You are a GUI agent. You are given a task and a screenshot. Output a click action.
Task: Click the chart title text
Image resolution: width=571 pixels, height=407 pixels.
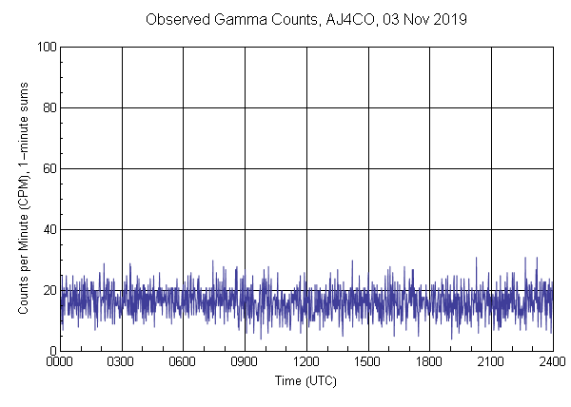coord(305,19)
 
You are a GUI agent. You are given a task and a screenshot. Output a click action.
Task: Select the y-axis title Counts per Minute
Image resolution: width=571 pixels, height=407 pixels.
coord(24,198)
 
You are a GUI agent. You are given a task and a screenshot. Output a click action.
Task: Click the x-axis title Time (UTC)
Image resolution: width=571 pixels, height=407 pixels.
coord(305,380)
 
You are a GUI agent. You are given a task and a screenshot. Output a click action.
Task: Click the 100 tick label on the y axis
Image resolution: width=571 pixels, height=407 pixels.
coord(45,47)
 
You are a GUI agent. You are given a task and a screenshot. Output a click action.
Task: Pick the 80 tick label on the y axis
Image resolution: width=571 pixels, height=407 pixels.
coord(48,107)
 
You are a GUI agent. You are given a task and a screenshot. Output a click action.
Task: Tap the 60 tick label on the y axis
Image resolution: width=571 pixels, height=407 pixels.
coord(48,168)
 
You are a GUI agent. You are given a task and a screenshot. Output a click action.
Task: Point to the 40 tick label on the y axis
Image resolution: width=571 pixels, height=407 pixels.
coord(48,229)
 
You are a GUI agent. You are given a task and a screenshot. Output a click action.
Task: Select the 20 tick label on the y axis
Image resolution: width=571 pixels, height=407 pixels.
coord(48,290)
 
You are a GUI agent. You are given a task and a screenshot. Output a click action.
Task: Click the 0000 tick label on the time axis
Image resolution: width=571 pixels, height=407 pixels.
coord(60,362)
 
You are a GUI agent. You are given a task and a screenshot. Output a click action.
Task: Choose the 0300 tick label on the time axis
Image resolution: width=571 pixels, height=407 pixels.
coord(122,362)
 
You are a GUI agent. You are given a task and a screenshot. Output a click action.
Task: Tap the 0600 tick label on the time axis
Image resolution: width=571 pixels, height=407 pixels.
coord(183,362)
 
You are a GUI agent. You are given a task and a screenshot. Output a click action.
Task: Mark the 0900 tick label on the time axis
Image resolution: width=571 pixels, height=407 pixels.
coord(245,362)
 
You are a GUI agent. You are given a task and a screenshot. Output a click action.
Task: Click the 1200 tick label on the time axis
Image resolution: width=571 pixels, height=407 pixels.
coord(306,362)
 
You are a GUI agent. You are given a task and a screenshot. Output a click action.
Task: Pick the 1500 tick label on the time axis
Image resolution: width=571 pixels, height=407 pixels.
coord(367,362)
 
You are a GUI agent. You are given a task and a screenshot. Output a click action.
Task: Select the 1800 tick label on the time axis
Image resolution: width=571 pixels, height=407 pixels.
coord(429,362)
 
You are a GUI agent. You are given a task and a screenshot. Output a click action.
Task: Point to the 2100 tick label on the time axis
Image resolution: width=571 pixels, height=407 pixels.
coord(490,362)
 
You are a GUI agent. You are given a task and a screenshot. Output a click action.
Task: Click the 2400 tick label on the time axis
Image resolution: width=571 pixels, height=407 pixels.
coord(551,362)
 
